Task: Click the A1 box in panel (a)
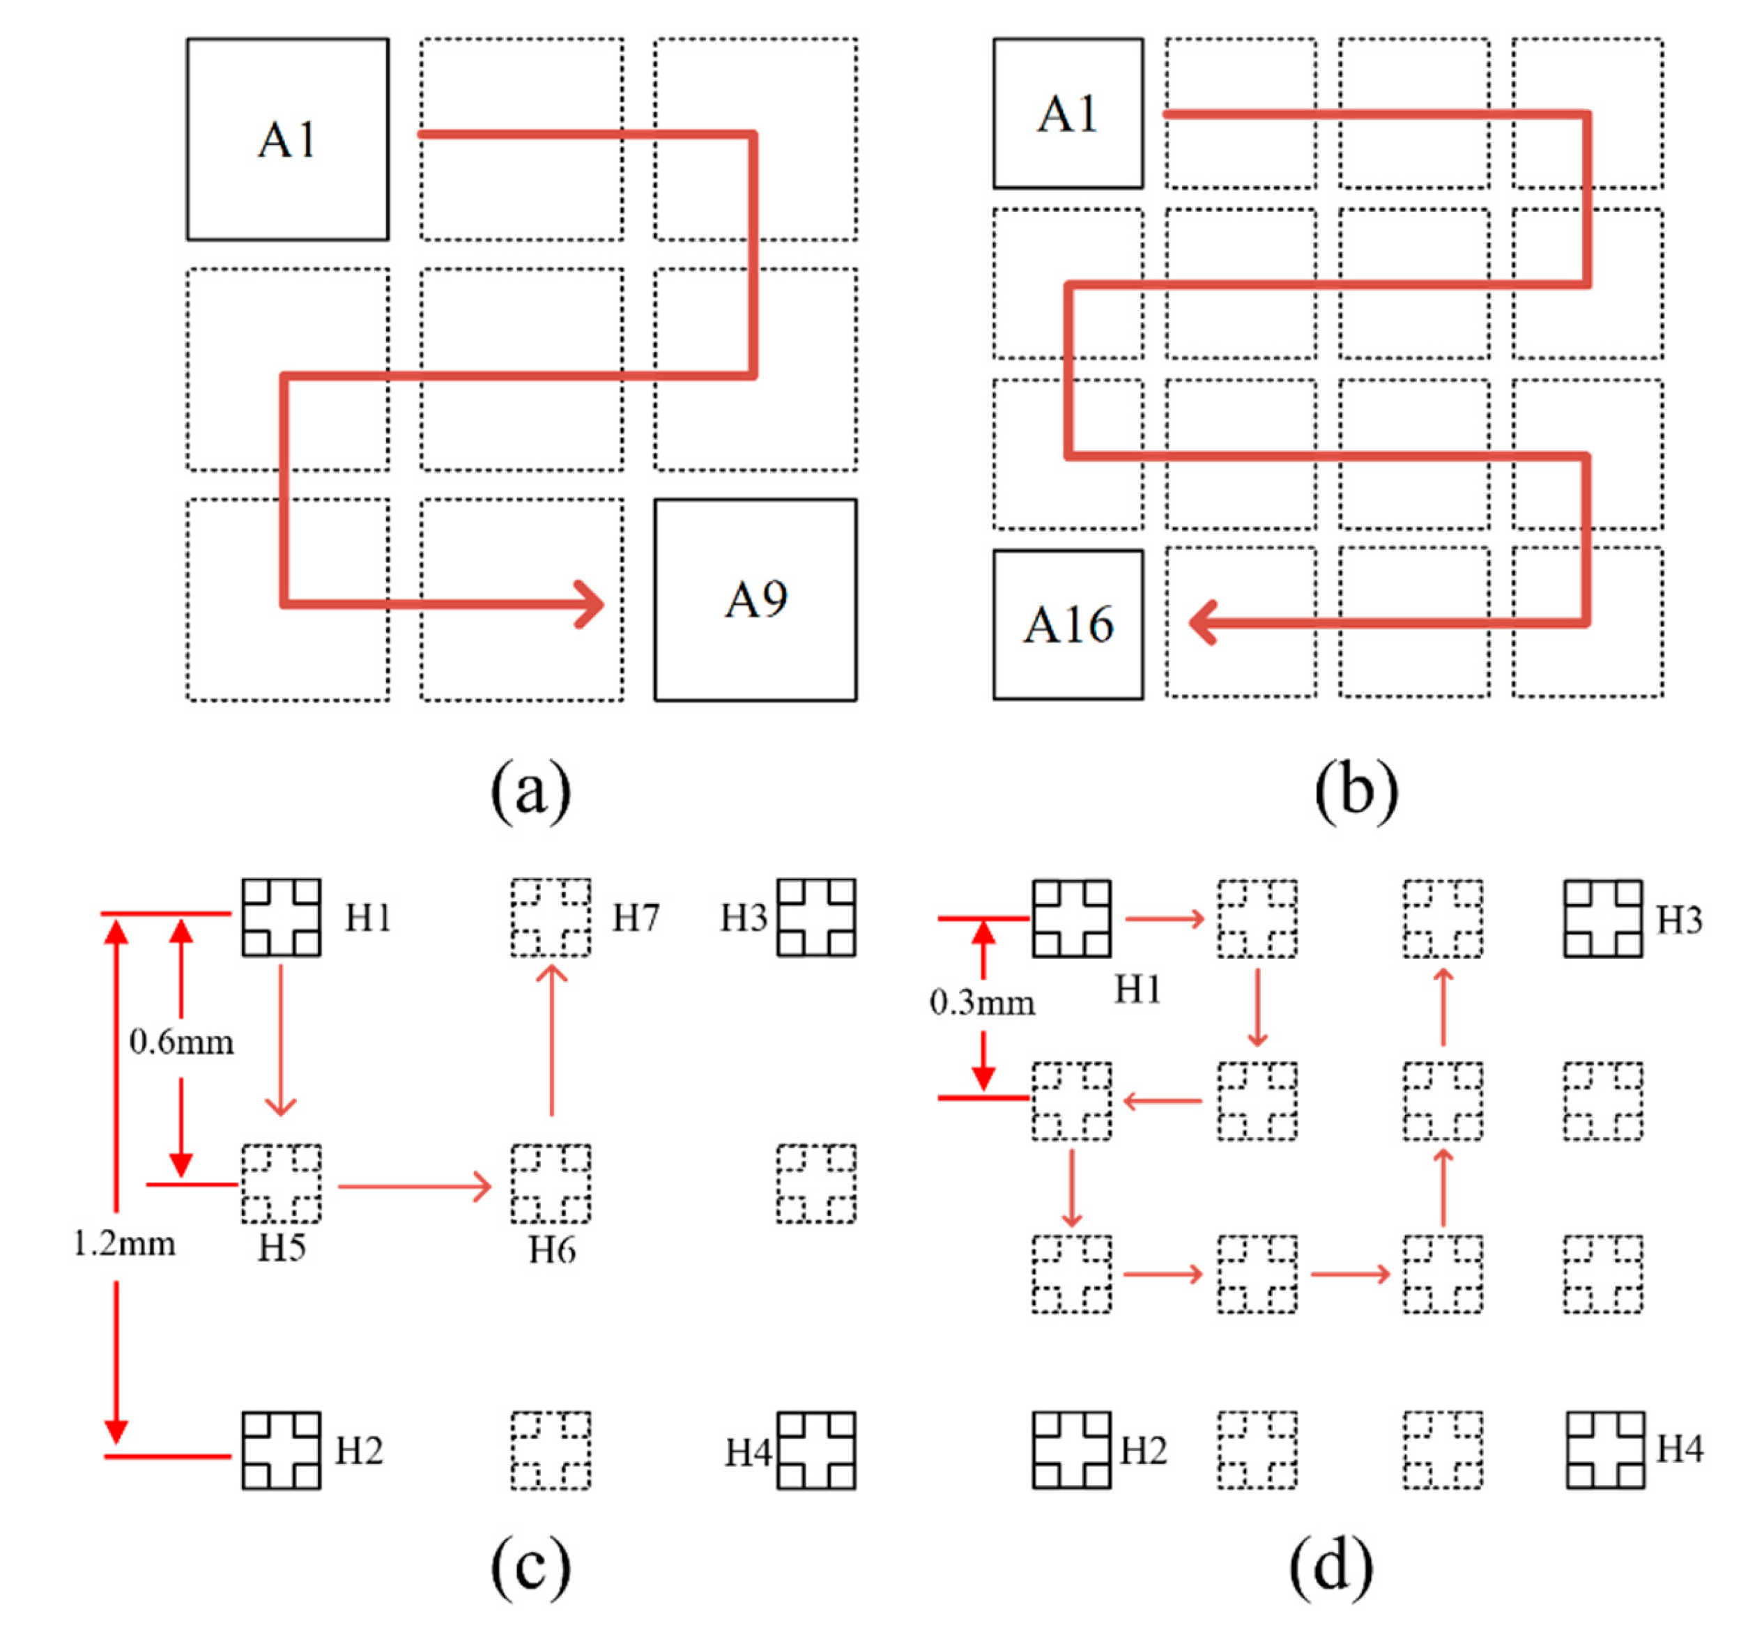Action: coord(286,139)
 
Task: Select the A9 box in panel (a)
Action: coord(755,600)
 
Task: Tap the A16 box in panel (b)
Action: coord(1068,624)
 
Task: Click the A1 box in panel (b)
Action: coord(1068,114)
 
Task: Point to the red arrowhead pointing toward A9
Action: coord(591,604)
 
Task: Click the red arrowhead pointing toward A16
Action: coord(1203,622)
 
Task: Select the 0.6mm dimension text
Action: coord(181,1041)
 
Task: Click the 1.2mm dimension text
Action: coord(123,1244)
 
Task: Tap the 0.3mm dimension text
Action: coord(981,1003)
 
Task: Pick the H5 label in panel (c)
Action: coord(282,1249)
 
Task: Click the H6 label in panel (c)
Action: coord(551,1250)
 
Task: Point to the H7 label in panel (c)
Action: coord(636,918)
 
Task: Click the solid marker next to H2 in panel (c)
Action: coord(282,1450)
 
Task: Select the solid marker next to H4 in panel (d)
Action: coord(1605,1450)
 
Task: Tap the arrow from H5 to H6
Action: coord(415,1186)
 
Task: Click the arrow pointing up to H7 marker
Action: coord(552,1039)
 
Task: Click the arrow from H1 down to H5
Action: coord(282,1039)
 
